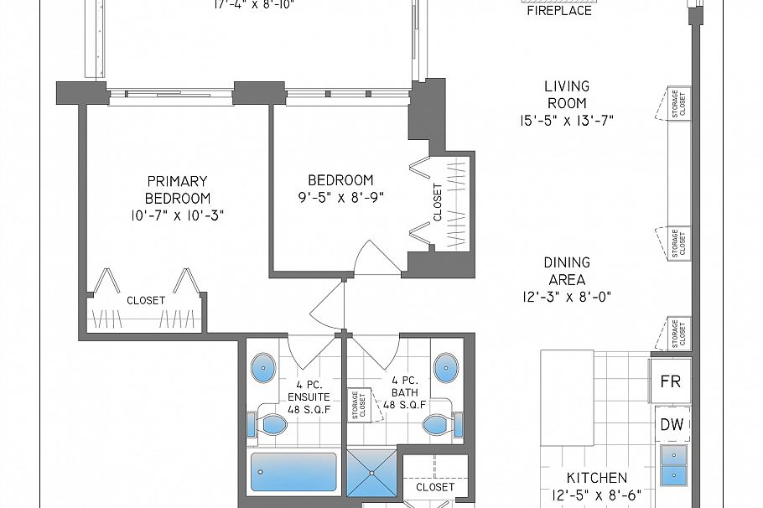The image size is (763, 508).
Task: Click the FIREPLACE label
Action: [558, 11]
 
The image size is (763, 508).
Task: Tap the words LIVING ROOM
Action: [567, 94]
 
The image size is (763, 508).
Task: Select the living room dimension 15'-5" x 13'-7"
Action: [567, 120]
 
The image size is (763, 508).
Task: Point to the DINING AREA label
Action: [567, 271]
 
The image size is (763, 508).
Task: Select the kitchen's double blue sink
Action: [673, 465]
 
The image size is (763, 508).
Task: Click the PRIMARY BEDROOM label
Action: [177, 189]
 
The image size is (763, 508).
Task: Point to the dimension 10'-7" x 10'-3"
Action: [177, 215]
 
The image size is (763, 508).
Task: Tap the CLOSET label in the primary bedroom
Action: [146, 300]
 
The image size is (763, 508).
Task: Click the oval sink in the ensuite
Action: [263, 366]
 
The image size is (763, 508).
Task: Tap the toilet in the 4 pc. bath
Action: [439, 423]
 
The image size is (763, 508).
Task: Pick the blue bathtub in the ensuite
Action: [293, 472]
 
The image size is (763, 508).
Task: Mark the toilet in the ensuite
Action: [268, 424]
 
